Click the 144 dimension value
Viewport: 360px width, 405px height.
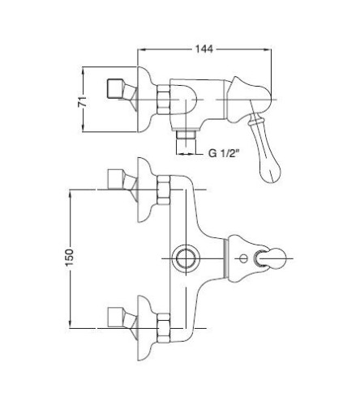click(x=204, y=49)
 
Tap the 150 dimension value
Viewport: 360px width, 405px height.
click(x=70, y=258)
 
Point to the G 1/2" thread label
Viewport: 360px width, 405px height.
click(x=224, y=153)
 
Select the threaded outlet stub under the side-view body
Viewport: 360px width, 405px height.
click(x=185, y=139)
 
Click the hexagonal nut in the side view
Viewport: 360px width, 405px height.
click(x=164, y=100)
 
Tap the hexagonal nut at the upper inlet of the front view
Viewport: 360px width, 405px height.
click(x=164, y=190)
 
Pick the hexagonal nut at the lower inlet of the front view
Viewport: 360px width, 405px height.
click(x=164, y=328)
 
